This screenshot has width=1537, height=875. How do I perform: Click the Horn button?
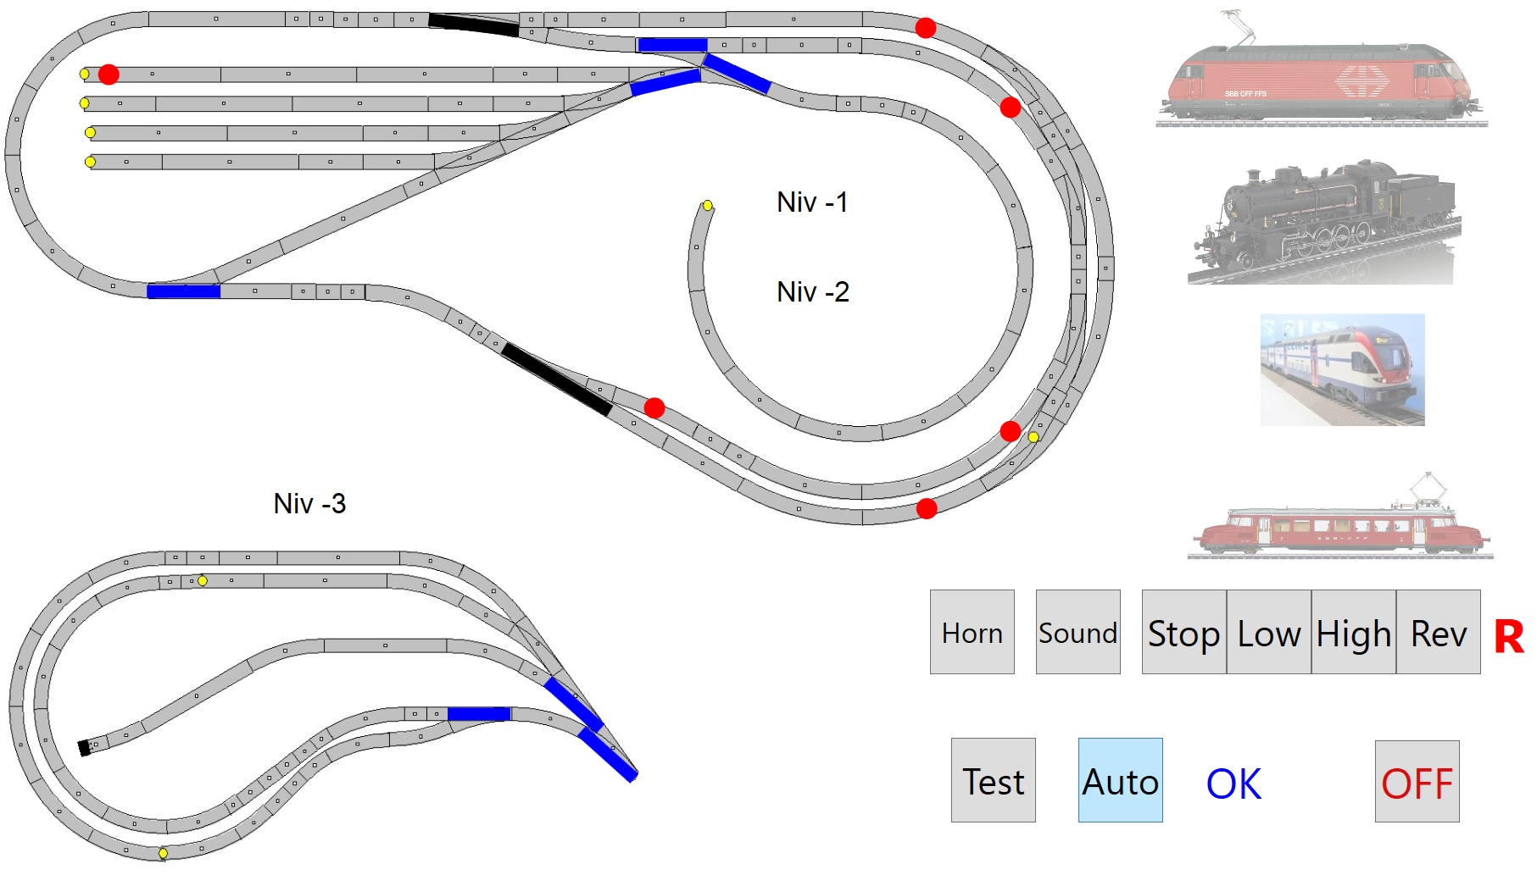tap(972, 632)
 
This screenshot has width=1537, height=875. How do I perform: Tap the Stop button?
tap(1183, 632)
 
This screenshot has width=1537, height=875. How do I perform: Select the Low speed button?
tap(1268, 632)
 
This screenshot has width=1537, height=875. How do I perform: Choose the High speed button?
tap(1353, 632)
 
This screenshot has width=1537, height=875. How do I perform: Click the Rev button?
tap(1438, 632)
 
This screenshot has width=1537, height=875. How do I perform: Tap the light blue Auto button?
tap(1120, 780)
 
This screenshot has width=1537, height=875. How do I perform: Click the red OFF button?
tap(1417, 782)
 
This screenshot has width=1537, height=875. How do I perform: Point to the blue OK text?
tap(1233, 784)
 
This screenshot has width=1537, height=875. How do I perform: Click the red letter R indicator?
tap(1508, 636)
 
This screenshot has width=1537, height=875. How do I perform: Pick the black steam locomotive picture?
tap(1324, 222)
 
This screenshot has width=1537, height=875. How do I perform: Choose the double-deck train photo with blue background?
tap(1342, 370)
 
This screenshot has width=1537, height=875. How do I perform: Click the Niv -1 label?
tap(811, 202)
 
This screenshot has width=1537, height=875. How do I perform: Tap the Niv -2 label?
tap(812, 292)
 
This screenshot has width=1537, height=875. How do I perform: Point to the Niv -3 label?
tap(309, 504)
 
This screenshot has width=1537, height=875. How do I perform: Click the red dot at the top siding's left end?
tap(109, 75)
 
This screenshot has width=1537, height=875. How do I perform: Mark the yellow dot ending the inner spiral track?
tap(707, 205)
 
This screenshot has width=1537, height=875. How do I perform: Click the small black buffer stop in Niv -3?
tap(84, 748)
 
